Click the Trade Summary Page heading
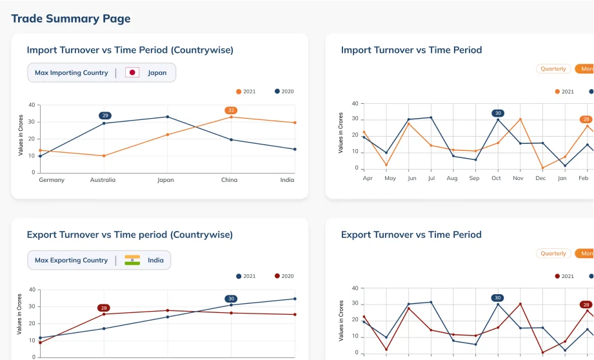[71, 18]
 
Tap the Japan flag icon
[132, 72]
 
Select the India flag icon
[132, 260]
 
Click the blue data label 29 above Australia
[105, 115]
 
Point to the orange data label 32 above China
[231, 110]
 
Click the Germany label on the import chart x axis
[52, 180]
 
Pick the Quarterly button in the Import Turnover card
[553, 68]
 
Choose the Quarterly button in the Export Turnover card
[553, 254]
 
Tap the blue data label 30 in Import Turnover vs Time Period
[497, 113]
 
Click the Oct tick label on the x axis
[496, 177]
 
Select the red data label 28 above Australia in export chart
[104, 308]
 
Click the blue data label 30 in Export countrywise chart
[231, 299]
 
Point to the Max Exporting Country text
[72, 260]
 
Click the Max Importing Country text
[72, 72]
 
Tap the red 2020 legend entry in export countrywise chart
[284, 276]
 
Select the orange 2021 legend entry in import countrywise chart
[246, 91]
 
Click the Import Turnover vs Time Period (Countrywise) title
[130, 50]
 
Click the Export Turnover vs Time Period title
[411, 234]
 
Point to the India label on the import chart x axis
[287, 180]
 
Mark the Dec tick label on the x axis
[540, 177]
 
